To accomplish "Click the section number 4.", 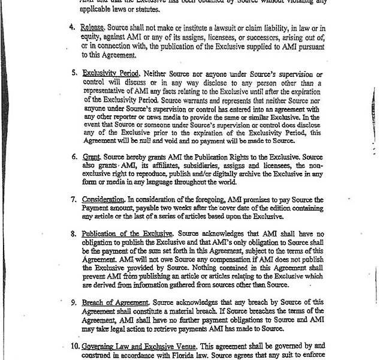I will click(73, 28).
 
